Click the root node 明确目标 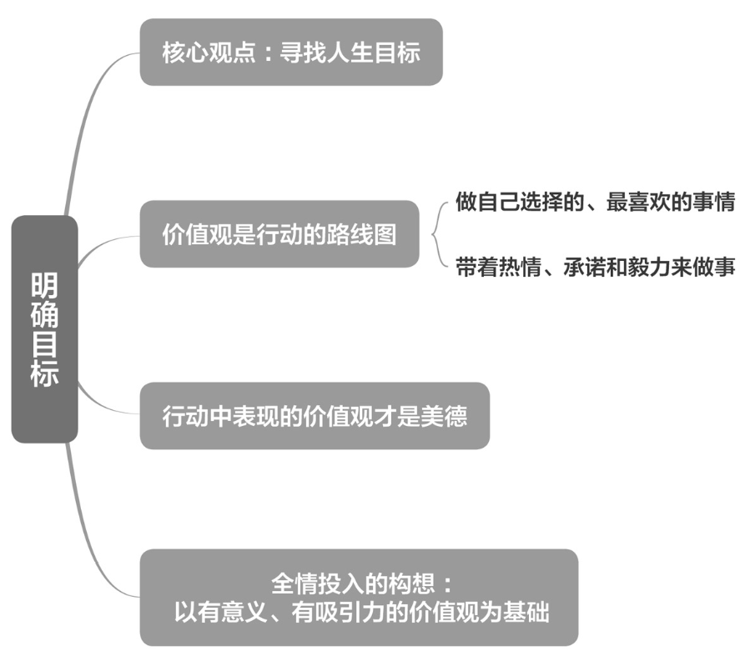click(x=44, y=328)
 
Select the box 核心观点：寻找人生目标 click(x=290, y=53)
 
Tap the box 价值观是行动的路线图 click(x=279, y=234)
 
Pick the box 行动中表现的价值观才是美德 click(x=314, y=416)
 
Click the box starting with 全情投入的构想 click(x=359, y=597)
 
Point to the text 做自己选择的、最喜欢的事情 click(x=595, y=203)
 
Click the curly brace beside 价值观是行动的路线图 click(x=437, y=234)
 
